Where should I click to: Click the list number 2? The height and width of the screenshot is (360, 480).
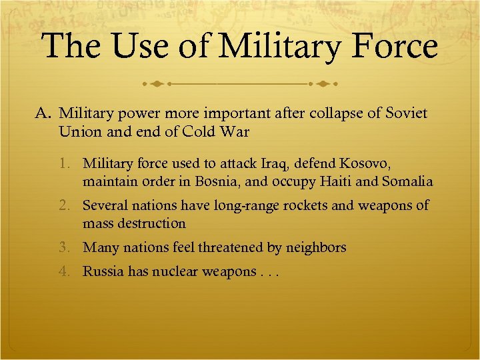[71, 206]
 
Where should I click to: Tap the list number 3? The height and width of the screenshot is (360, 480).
[71, 248]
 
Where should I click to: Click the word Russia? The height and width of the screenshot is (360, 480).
[103, 272]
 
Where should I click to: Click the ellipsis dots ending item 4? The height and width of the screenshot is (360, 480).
[268, 273]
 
